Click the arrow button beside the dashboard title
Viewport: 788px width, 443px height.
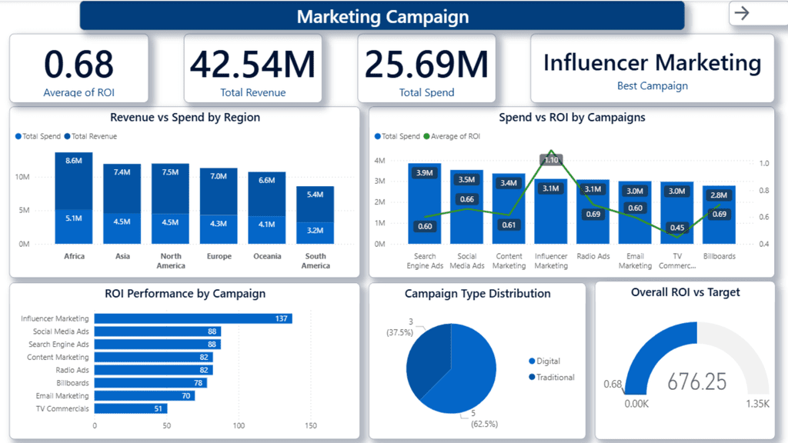(x=742, y=13)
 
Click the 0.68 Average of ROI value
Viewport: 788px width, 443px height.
(x=78, y=65)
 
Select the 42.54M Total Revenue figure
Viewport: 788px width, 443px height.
(x=252, y=65)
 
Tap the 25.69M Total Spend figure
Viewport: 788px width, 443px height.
(x=426, y=65)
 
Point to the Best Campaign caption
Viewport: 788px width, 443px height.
(x=652, y=86)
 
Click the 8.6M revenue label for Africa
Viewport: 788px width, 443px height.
(x=74, y=161)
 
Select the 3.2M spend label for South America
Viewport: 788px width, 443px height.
(x=316, y=230)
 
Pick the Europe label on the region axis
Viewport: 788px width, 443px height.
(x=219, y=256)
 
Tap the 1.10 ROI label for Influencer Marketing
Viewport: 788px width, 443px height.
(x=551, y=160)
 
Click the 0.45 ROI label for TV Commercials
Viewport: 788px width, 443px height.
(x=677, y=228)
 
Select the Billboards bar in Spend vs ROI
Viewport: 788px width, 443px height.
(x=719, y=223)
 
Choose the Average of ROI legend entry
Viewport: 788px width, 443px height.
(x=455, y=136)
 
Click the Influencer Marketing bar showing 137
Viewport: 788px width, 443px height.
(x=192, y=318)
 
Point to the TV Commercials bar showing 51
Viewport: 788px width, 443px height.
(x=130, y=408)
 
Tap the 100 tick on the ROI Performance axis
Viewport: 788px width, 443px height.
(x=239, y=425)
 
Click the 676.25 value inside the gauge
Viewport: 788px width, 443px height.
(x=696, y=381)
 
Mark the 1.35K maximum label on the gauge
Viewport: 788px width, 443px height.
(x=757, y=404)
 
